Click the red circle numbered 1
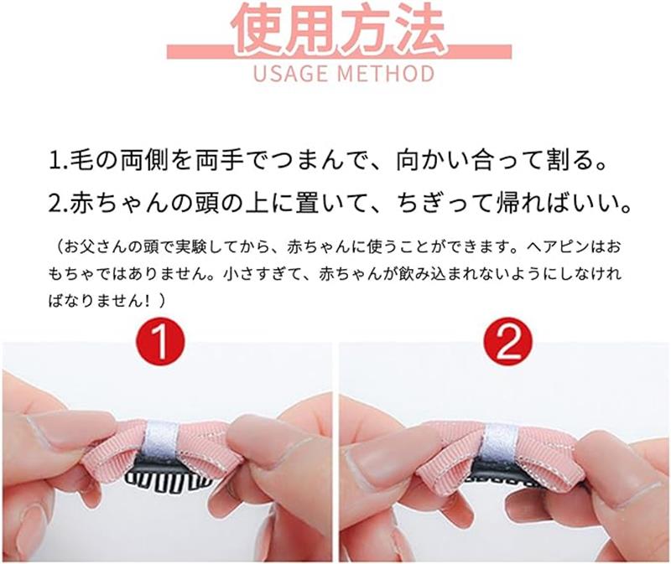coord(160,342)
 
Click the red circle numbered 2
coord(508,342)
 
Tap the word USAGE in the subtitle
coord(290,73)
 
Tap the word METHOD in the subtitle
coord(386,73)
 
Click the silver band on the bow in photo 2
coord(497,446)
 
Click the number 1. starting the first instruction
coord(58,161)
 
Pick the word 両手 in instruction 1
coord(220,161)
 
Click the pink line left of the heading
coord(200,51)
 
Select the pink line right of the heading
coord(478,51)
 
